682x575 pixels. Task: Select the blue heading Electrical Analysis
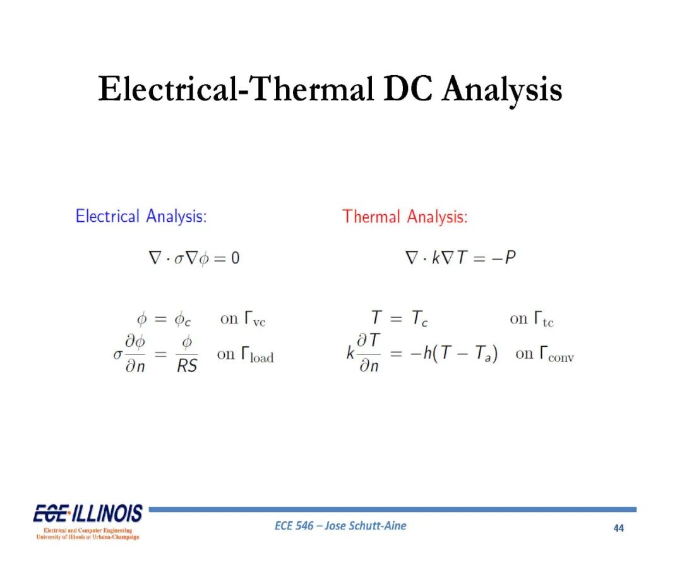(x=141, y=216)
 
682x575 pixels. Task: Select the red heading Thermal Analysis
(x=405, y=217)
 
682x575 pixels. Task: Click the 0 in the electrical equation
(x=235, y=258)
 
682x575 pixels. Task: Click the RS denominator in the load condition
(x=187, y=366)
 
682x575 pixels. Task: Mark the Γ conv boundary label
(x=557, y=354)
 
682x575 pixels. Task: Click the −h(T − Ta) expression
(x=454, y=353)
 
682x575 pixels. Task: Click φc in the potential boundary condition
(x=182, y=320)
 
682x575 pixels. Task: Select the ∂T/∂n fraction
(x=369, y=353)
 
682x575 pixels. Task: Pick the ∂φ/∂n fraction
(x=135, y=354)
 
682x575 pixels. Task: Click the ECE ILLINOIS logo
(x=88, y=522)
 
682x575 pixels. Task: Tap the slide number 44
(x=618, y=528)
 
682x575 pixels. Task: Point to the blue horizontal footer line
(x=393, y=509)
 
